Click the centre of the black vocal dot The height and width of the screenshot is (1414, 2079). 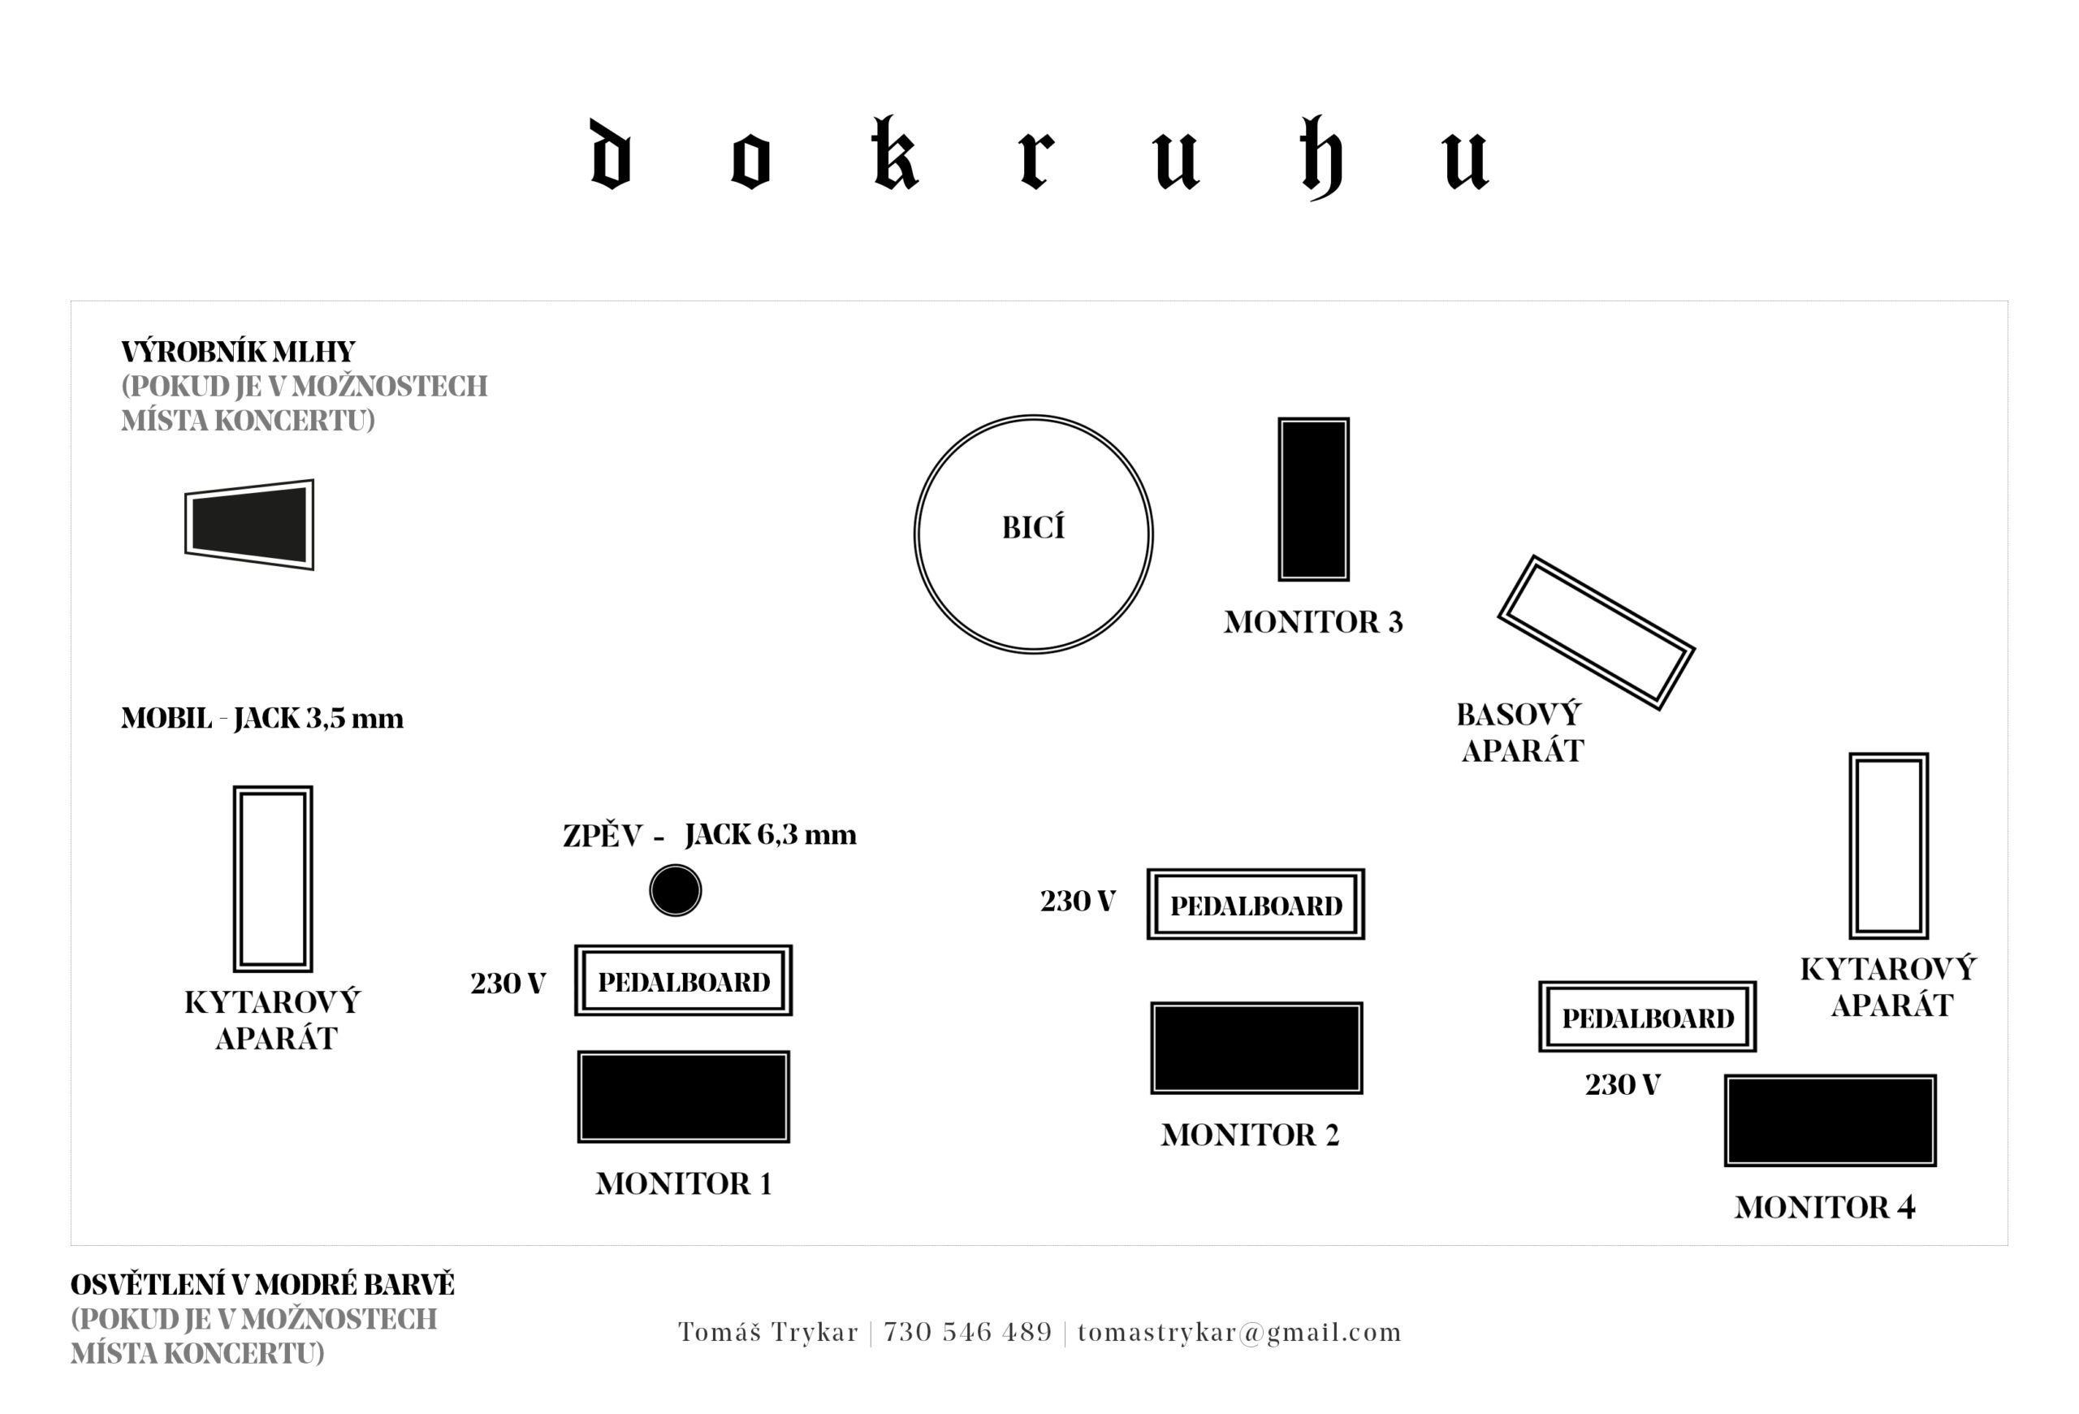click(676, 890)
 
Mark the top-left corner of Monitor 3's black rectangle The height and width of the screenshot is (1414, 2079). click(1278, 417)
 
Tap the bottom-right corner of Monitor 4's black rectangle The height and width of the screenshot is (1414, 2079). click(1937, 1166)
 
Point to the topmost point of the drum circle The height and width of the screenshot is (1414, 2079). click(1033, 415)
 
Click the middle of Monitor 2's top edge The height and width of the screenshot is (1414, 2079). click(1256, 1002)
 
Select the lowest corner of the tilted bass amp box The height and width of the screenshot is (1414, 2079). click(1659, 709)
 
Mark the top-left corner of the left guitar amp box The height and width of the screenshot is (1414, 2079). click(235, 787)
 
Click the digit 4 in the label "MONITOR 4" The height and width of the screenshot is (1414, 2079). click(1905, 1208)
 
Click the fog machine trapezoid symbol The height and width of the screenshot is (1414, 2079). click(249, 525)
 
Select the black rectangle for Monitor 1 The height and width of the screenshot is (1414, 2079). click(684, 1096)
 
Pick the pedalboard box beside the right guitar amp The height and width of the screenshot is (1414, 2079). click(1648, 1017)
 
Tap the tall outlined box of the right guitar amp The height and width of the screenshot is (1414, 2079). click(1888, 846)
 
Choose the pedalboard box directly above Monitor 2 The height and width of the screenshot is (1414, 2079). click(1256, 904)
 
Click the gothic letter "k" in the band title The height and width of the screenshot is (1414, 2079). click(895, 154)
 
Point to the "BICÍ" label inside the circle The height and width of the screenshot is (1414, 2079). click(1033, 528)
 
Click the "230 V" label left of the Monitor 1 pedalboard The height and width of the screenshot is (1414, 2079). click(508, 984)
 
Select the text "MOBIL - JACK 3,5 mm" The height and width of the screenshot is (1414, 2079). click(262, 718)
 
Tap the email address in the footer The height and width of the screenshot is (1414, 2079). click(1239, 1333)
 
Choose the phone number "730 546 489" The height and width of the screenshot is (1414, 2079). click(968, 1333)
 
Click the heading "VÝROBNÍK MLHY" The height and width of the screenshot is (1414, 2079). click(238, 352)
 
